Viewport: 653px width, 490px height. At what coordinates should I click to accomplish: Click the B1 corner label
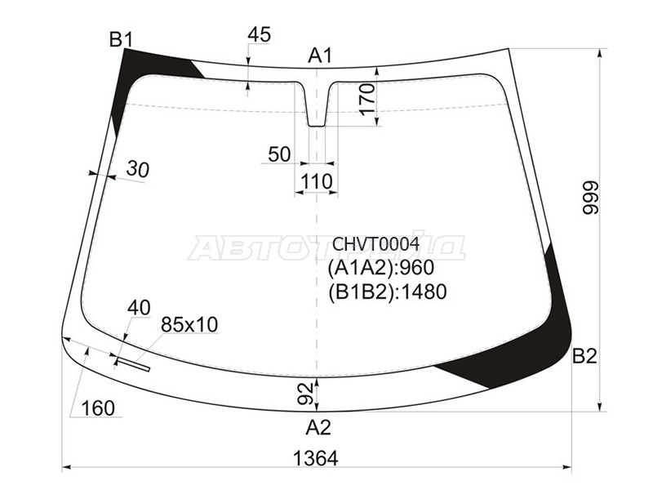(x=121, y=38)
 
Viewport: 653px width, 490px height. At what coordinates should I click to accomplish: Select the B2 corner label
(x=584, y=356)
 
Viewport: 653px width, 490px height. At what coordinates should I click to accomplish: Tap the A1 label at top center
(x=320, y=56)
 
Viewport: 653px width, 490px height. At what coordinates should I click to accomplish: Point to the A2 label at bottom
(x=318, y=427)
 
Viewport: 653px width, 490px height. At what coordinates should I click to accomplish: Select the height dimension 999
(x=590, y=198)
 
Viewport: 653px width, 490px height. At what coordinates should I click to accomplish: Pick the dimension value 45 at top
(x=259, y=34)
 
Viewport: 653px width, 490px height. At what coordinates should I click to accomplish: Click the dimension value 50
(x=278, y=154)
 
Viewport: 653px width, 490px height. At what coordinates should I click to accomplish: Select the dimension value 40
(x=139, y=308)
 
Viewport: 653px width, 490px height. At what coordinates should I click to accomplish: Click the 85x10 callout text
(x=189, y=325)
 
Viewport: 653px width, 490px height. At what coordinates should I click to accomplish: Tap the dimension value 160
(x=98, y=408)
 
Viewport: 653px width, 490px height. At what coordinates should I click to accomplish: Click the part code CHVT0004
(x=375, y=244)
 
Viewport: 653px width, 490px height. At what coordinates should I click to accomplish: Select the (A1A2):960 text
(x=380, y=268)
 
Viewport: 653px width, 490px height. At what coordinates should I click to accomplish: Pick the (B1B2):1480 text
(x=387, y=292)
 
